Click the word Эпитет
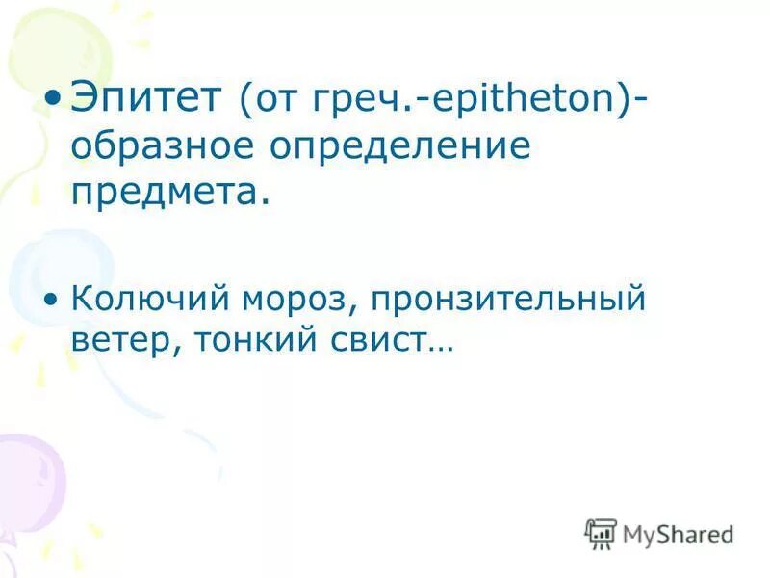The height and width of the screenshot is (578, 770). [146, 96]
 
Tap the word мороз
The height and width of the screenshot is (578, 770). [302, 300]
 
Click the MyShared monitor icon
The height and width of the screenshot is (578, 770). [601, 533]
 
